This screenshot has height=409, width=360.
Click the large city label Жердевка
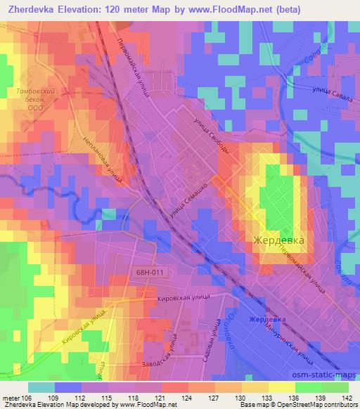pyautogui.click(x=278, y=240)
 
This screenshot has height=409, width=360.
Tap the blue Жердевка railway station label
pyautogui.click(x=267, y=319)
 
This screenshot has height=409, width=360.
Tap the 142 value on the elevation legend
pyautogui.click(x=347, y=397)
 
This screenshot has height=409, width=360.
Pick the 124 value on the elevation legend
pyautogui.click(x=186, y=397)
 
